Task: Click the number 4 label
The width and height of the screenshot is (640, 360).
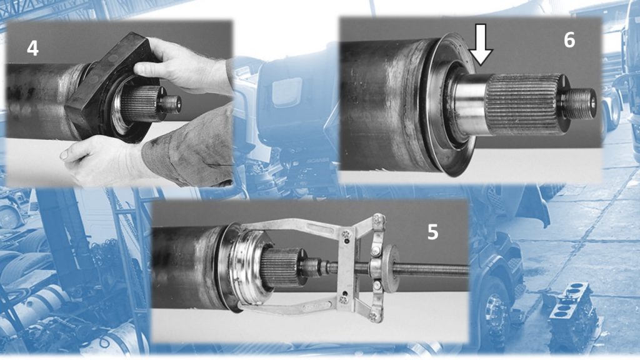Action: [x=32, y=49]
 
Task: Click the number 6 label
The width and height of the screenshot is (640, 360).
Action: [x=569, y=40]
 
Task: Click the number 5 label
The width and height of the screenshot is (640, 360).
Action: [x=432, y=232]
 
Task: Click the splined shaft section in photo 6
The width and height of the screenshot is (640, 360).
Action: [x=523, y=105]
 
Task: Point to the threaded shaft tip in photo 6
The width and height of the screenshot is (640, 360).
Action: [x=579, y=104]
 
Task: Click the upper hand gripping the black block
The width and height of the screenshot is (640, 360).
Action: [x=179, y=65]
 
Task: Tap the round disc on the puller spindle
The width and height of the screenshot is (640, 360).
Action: [x=391, y=269]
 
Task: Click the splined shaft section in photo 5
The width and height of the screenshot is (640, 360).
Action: [x=282, y=267]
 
